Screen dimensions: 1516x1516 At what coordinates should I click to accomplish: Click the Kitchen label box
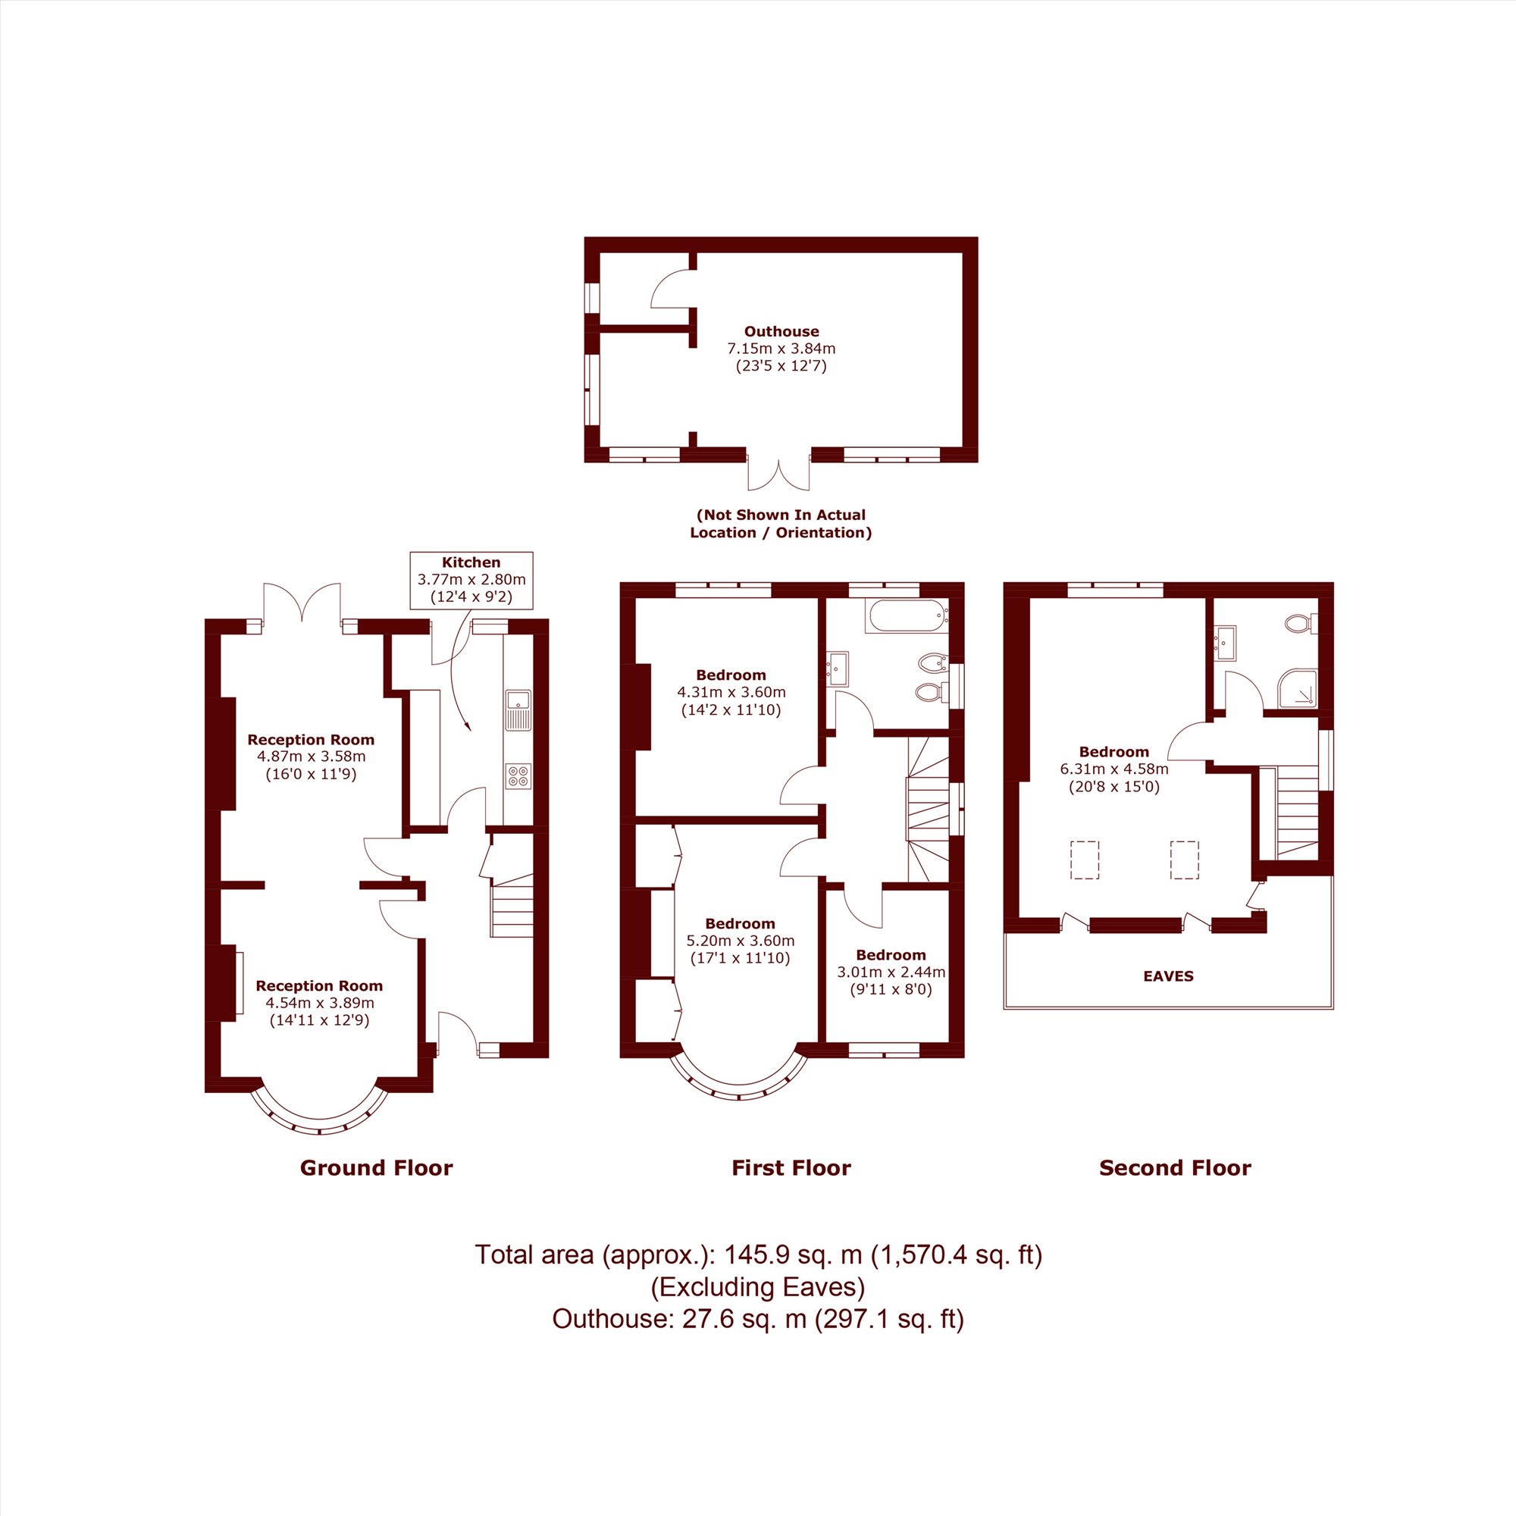click(x=471, y=580)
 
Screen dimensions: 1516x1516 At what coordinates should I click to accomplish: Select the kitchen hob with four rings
click(x=518, y=776)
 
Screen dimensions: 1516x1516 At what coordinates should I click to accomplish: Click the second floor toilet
click(x=1301, y=625)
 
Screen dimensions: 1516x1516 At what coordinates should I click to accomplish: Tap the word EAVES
click(x=1168, y=976)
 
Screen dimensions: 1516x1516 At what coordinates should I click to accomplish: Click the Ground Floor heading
click(x=377, y=1167)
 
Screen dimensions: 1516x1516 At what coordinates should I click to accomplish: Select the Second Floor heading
click(x=1175, y=1167)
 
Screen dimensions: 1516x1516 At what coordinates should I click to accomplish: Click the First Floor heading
click(x=791, y=1167)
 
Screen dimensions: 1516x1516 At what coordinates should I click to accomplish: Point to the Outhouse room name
click(x=781, y=331)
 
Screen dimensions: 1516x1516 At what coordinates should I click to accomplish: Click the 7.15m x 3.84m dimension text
click(x=781, y=349)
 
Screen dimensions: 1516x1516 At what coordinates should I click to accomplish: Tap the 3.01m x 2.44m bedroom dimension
click(x=891, y=973)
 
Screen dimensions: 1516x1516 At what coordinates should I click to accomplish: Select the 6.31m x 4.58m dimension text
click(x=1114, y=769)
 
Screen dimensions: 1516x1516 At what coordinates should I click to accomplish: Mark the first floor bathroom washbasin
click(x=838, y=668)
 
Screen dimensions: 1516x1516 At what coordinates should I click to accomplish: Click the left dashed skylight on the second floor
click(x=1085, y=860)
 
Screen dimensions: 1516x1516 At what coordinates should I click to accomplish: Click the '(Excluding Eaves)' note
click(x=758, y=1287)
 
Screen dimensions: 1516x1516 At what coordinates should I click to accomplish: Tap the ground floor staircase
click(x=512, y=906)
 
